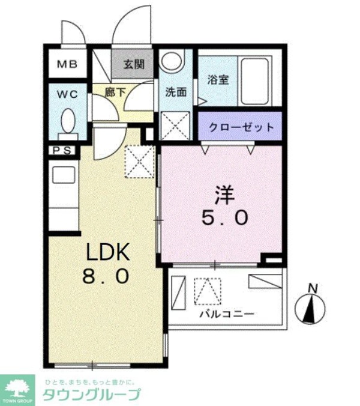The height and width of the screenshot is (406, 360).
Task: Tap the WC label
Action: click(x=66, y=94)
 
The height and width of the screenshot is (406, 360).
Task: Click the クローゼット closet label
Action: click(x=241, y=127)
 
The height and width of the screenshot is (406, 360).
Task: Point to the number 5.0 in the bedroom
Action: click(x=223, y=219)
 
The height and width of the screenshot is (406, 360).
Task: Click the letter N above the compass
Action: click(x=312, y=289)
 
